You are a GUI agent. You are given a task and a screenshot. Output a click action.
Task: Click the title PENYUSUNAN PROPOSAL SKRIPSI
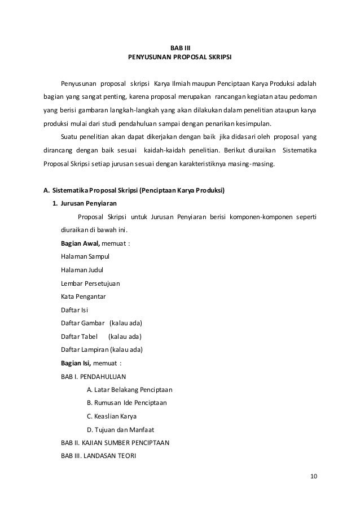coord(180,57)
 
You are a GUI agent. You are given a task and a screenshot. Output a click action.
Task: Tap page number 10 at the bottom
coord(314,476)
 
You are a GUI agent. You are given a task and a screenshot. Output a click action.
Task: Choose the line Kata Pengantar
coord(83,296)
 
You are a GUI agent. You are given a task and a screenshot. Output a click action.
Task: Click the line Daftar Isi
coord(74,310)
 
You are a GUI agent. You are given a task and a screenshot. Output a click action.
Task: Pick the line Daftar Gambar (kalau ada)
coord(101,322)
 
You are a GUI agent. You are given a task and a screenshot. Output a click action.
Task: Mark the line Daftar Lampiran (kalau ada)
coord(101,348)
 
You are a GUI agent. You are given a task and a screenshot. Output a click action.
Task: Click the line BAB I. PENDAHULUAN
coord(93,376)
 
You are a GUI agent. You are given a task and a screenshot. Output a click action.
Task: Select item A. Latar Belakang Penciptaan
coord(130,389)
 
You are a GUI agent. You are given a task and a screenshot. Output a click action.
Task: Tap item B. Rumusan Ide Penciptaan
coord(127,403)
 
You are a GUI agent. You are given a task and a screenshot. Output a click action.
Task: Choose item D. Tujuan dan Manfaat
coord(121,429)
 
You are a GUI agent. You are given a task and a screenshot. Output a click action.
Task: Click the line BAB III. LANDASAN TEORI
coord(98,455)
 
